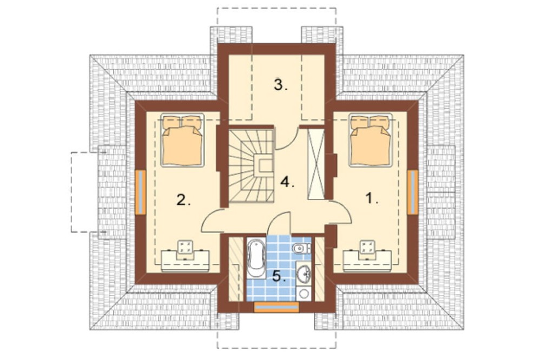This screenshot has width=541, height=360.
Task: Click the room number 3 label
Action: coord(280,85)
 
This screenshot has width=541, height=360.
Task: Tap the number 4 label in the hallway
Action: coord(287,182)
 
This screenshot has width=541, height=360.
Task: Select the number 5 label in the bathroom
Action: coord(279,276)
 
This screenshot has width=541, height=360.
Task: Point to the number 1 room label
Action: coord(372,198)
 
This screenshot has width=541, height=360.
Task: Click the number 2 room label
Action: coord(183,199)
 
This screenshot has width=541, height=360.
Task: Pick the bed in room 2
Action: coord(182,141)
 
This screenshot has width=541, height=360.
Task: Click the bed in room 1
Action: coord(371,140)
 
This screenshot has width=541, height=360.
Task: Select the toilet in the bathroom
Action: coord(301,248)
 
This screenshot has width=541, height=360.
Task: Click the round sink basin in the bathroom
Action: coord(304,274)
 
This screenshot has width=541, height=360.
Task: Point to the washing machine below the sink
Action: coord(304,293)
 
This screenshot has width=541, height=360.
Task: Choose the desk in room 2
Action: coord(185,257)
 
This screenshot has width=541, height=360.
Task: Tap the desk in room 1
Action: coord(367,257)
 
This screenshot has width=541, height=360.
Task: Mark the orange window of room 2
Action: coord(141,192)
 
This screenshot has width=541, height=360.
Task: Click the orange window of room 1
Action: coord(413,192)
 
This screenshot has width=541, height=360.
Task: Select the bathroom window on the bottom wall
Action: coord(276,307)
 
